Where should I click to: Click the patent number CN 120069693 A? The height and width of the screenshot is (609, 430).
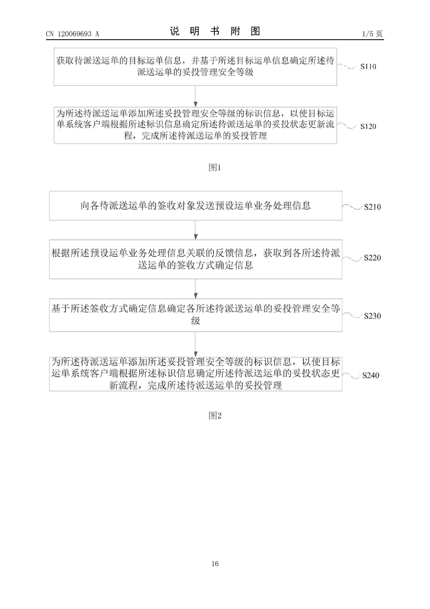[72, 34]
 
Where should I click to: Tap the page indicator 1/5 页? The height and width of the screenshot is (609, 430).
[372, 34]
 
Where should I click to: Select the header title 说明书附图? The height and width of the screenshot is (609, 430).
[215, 31]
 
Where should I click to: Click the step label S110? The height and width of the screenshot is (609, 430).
[368, 66]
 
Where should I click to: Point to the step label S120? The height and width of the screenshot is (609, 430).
[368, 127]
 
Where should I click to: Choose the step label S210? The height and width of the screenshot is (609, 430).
[372, 207]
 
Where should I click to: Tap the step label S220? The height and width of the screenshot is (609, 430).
[372, 258]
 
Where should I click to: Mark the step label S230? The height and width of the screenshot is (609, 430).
[372, 316]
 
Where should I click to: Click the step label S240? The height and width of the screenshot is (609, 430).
[371, 375]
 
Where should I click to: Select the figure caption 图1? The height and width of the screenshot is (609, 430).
[215, 167]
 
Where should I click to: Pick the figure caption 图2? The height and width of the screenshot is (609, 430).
[215, 416]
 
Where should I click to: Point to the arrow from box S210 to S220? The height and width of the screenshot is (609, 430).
[196, 230]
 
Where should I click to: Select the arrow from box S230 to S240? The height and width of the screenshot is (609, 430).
[196, 344]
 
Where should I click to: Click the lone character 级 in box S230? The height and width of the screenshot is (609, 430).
[196, 321]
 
